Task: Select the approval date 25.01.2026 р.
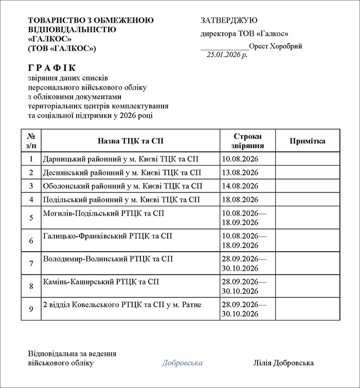click(227, 55)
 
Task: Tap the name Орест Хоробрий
click(275, 46)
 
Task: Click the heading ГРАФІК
click(52, 68)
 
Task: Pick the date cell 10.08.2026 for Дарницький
click(239, 159)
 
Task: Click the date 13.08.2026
click(239, 172)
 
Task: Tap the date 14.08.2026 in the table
click(239, 186)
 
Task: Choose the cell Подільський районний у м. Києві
click(121, 199)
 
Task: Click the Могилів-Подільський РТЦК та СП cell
click(104, 213)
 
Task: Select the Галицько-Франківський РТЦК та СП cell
click(107, 236)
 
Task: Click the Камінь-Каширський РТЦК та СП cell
click(101, 281)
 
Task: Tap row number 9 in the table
click(31, 309)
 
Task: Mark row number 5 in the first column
click(31, 218)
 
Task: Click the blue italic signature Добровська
click(182, 363)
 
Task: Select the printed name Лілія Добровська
click(283, 363)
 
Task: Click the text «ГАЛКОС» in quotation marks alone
click(50, 39)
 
